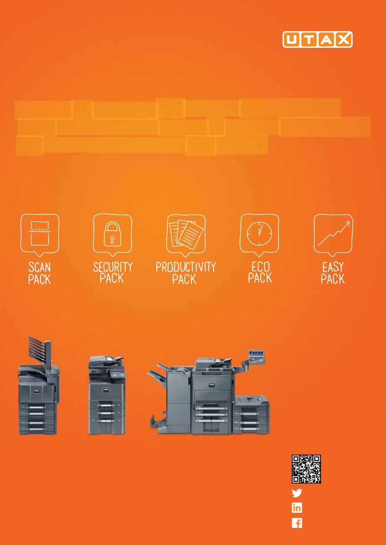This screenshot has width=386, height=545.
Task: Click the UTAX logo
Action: [317, 39]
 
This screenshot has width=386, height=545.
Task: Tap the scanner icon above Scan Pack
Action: [40, 233]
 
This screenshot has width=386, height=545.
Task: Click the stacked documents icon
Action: [186, 233]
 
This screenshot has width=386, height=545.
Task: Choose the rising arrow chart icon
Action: [334, 233]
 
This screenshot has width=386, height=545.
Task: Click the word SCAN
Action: [39, 267]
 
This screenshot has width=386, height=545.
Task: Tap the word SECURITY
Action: [113, 267]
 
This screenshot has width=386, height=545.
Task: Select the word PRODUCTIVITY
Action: [186, 267]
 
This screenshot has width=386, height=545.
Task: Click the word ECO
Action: [260, 267]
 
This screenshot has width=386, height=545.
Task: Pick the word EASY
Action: [333, 267]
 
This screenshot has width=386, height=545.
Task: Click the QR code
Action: [306, 469]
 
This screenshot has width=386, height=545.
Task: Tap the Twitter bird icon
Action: [297, 493]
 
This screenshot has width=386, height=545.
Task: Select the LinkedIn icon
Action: [297, 508]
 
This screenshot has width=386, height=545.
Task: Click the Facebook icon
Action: [297, 523]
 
